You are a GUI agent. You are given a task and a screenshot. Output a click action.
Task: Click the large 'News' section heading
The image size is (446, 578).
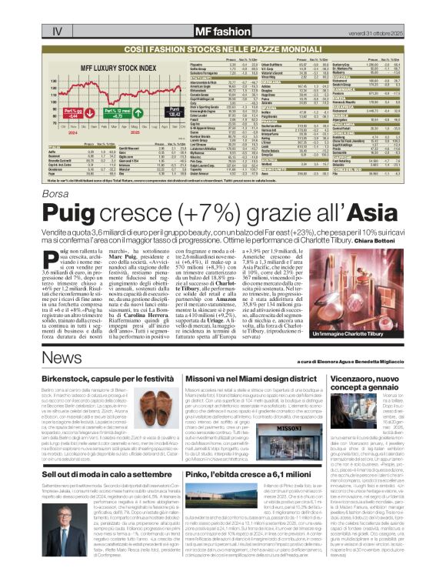[x=62, y=359]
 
